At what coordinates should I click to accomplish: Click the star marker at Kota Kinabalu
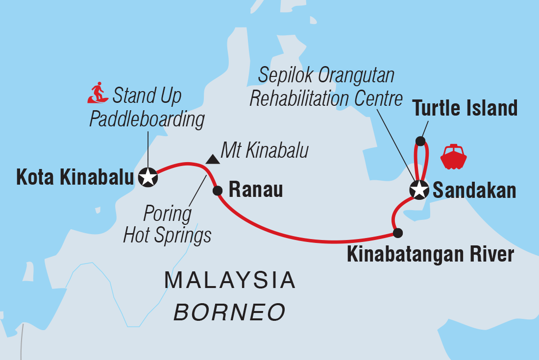(148, 177)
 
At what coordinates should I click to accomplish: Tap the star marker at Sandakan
(419, 190)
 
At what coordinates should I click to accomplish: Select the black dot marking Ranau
(218, 191)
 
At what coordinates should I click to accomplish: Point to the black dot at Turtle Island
(420, 141)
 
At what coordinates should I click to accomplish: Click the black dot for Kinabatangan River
(398, 233)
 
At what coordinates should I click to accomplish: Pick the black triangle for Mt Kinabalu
(212, 159)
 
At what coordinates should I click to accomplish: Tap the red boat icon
(453, 157)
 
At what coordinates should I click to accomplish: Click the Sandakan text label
(474, 191)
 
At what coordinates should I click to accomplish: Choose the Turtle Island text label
(465, 108)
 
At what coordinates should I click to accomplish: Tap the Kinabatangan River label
(430, 255)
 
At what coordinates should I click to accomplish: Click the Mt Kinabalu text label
(265, 151)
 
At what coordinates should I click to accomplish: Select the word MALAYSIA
(230, 281)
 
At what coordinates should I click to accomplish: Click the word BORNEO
(230, 312)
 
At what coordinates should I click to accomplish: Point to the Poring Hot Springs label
(167, 225)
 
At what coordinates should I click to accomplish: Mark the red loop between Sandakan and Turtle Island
(425, 162)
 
